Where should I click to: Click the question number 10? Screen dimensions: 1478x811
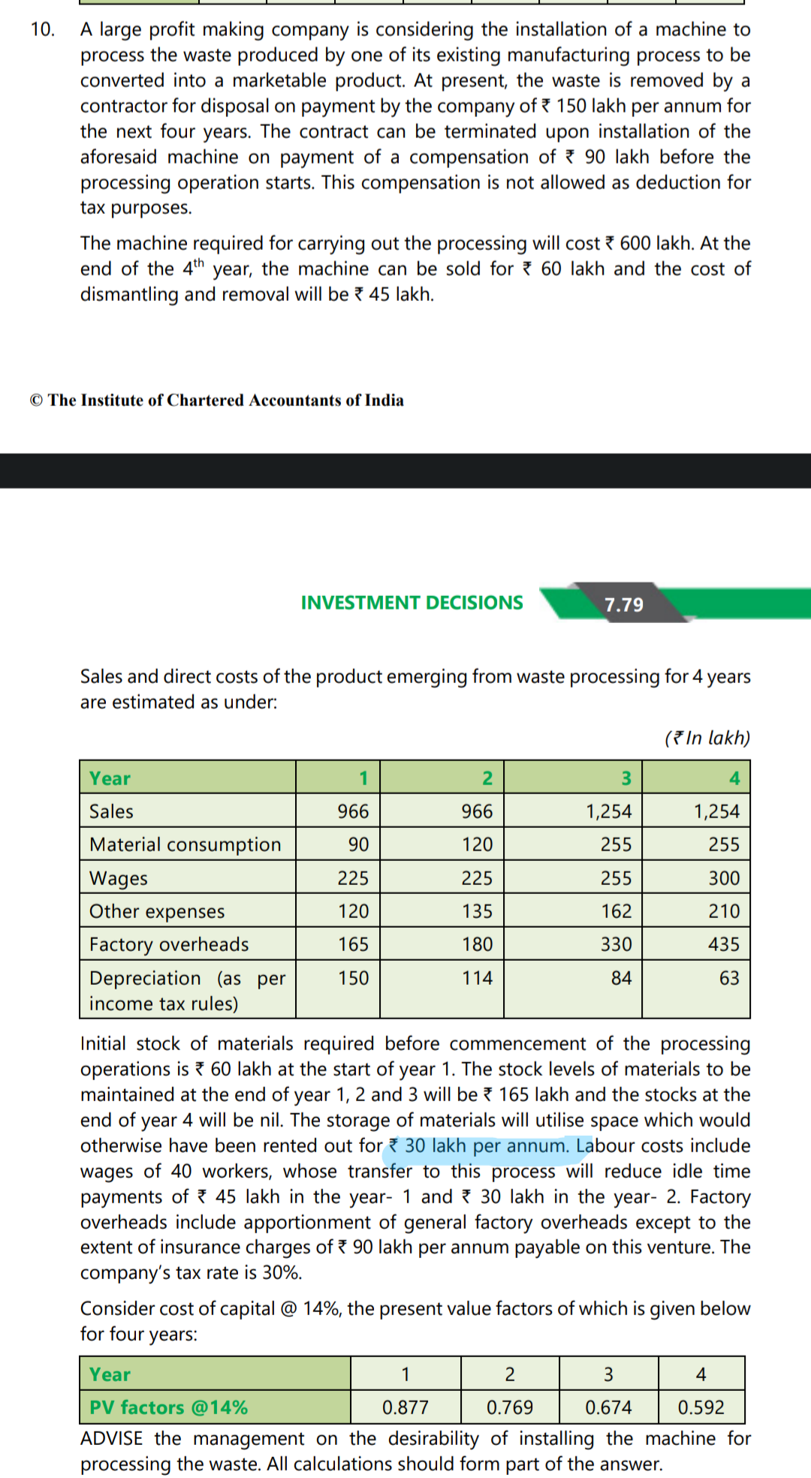42,29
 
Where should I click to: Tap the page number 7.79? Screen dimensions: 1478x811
624,604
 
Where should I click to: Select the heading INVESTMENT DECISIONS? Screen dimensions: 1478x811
412,603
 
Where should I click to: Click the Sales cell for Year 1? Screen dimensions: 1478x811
353,811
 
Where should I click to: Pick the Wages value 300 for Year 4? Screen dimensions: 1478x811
724,878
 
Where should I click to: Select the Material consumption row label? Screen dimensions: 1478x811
185,844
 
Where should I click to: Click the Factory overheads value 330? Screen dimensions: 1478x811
616,944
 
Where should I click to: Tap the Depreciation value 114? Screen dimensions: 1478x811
477,978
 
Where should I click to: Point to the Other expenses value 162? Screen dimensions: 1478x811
616,911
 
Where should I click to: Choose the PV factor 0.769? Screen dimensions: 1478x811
510,1407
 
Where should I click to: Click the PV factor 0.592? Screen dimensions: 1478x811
701,1407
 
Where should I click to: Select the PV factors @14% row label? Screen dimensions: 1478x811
168,1407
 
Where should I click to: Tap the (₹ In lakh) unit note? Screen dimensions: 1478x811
707,738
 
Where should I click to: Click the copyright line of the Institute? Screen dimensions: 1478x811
217,400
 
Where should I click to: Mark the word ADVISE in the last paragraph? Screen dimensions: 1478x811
111,1439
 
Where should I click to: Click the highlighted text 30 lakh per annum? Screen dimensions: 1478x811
486,1146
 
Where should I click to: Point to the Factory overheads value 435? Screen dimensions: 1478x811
724,944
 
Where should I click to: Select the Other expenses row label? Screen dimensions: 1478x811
157,911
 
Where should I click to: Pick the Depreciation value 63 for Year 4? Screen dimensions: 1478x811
728,978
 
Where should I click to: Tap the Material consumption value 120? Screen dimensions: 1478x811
477,844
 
